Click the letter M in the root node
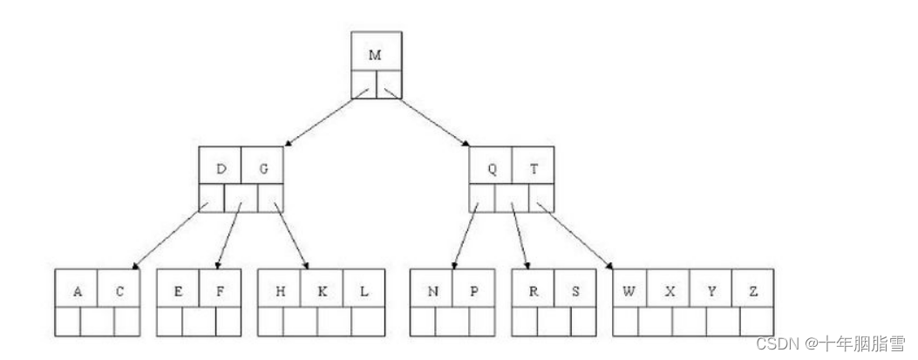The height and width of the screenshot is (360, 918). tap(375, 55)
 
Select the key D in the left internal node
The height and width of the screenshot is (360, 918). tap(221, 169)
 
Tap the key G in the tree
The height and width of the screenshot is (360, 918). tap(263, 169)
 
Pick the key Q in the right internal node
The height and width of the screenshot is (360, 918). tap(492, 169)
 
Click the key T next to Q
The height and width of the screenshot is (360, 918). tap(534, 169)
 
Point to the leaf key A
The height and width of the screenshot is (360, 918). tap(78, 292)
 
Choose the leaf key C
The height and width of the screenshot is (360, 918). tap(119, 292)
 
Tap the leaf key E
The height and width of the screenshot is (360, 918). tap(178, 292)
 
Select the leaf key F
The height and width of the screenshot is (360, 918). tap(220, 292)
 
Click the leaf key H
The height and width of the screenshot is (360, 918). tap(280, 292)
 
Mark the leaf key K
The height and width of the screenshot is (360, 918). tap(322, 292)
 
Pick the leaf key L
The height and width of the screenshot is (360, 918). tap(364, 292)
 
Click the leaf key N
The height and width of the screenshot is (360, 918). tap(432, 292)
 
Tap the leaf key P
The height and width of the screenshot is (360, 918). tap(474, 292)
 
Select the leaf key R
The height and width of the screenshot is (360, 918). tap(534, 292)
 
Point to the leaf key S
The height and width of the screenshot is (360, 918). tap(575, 292)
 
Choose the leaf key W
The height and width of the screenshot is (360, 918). tap(628, 292)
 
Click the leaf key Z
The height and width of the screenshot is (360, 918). tap(753, 292)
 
